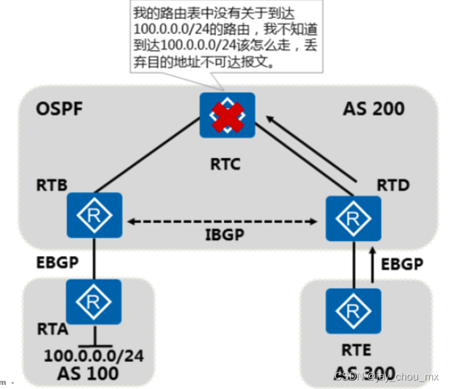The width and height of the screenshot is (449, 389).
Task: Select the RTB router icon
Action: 95,215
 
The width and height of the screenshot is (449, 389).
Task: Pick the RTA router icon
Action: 94,301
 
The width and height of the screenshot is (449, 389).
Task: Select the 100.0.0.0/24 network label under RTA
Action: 93,355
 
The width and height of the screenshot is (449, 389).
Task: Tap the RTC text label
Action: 226,163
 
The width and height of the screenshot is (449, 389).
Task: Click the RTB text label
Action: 50,186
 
